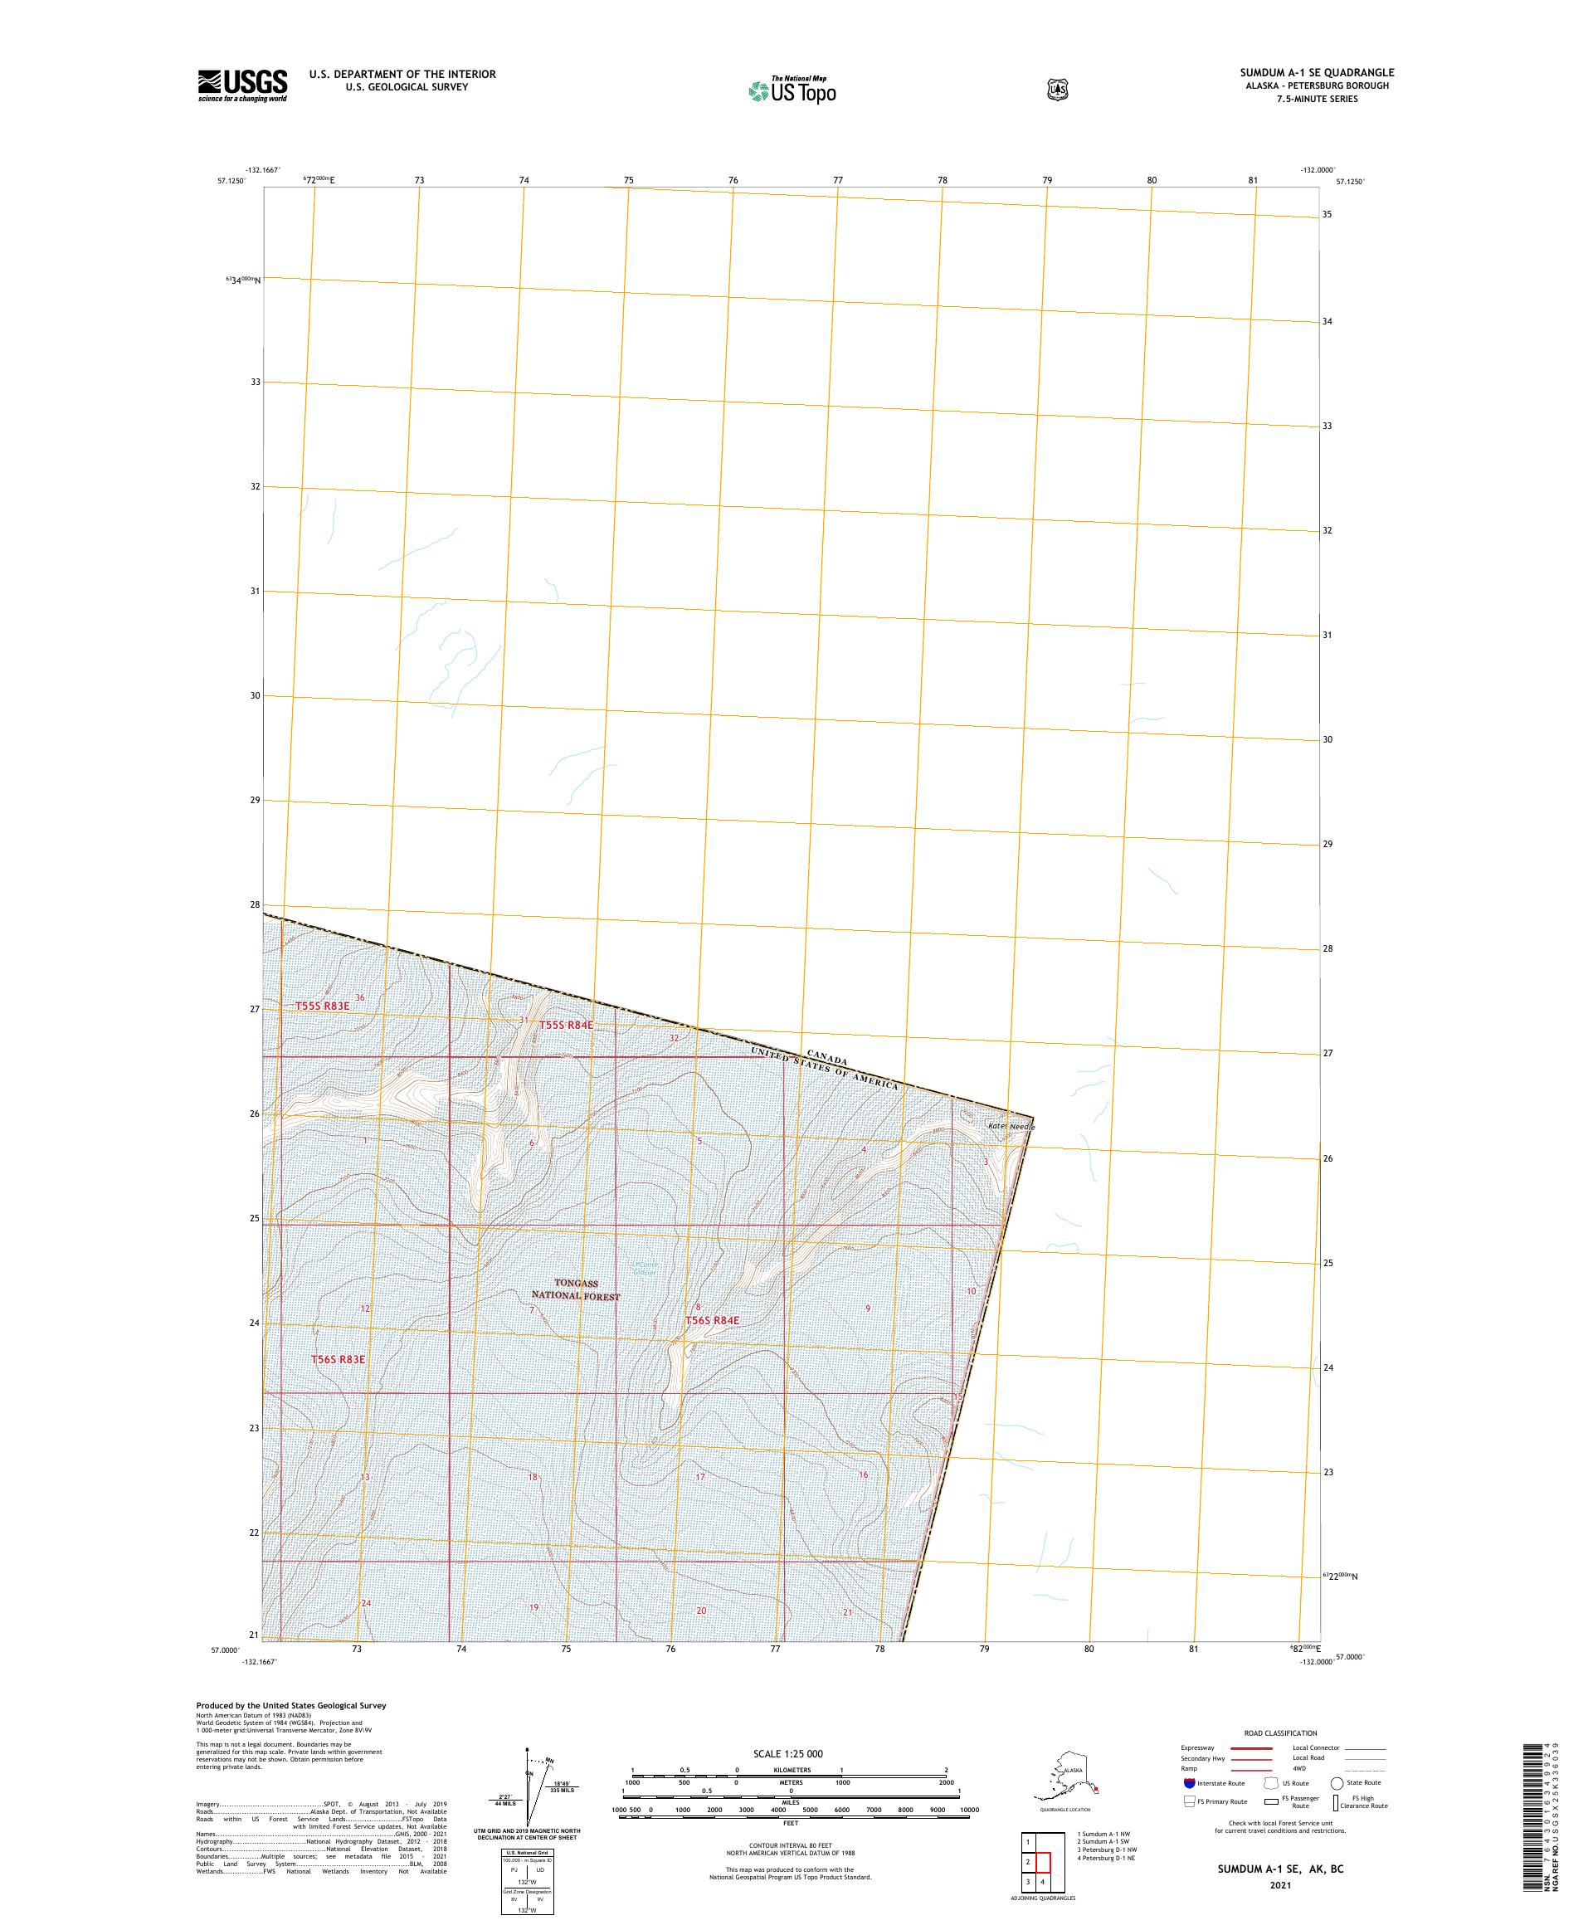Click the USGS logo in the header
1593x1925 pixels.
(x=242, y=85)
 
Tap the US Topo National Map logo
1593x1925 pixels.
(x=793, y=90)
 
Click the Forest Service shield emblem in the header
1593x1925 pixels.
(x=1058, y=90)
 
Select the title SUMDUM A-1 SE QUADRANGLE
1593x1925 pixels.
(x=1317, y=72)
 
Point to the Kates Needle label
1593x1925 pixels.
(x=1010, y=1126)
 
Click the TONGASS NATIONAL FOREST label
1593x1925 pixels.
(x=576, y=1289)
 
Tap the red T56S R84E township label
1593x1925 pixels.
(x=712, y=1320)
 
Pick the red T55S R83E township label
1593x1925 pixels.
(x=322, y=1006)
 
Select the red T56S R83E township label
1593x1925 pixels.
(x=338, y=1358)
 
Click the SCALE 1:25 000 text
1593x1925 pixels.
(x=787, y=1753)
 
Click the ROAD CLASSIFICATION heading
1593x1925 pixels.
(x=1279, y=1732)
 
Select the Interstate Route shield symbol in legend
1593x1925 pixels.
(x=1189, y=1783)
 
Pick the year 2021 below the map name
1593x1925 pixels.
(x=1279, y=1885)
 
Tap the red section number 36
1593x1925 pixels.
(x=359, y=997)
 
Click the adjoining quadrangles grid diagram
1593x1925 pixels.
(x=1035, y=1860)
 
